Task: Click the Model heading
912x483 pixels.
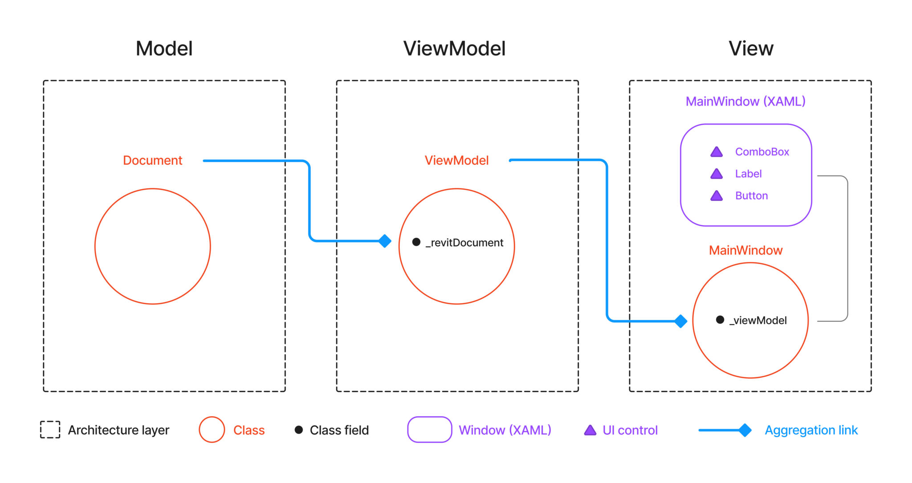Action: (x=164, y=49)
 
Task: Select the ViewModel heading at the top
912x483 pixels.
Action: (x=454, y=49)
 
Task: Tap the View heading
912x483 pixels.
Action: (x=751, y=49)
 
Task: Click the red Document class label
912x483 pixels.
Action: (x=152, y=160)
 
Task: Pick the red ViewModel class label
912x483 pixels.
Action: (x=456, y=160)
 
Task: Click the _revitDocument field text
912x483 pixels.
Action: (x=464, y=243)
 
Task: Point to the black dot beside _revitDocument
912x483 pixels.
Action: (x=416, y=242)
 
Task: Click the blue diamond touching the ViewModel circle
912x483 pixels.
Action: (x=385, y=241)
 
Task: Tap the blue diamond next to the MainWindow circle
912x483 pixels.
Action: (x=680, y=321)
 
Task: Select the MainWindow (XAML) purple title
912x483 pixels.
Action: (x=745, y=101)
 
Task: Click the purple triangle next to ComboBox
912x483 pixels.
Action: (x=717, y=152)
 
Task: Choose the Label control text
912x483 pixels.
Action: (x=748, y=174)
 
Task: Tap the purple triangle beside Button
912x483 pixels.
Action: (x=717, y=196)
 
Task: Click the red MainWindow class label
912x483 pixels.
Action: (x=745, y=250)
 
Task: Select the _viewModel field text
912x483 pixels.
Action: (x=757, y=321)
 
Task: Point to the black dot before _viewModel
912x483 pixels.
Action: (x=720, y=320)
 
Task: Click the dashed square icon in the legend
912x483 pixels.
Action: (x=50, y=430)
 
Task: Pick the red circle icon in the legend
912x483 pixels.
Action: (x=212, y=430)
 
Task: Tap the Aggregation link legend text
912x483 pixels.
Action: (x=811, y=430)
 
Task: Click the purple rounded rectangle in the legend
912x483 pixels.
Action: (x=430, y=430)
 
